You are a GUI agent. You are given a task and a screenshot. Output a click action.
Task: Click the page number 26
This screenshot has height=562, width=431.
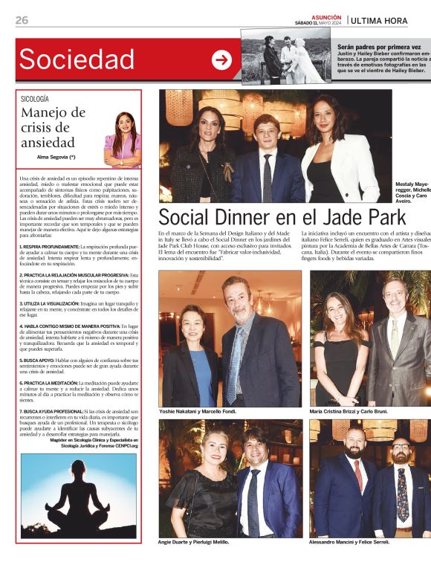point(22,20)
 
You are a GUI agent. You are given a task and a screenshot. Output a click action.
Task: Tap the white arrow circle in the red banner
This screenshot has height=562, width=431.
point(221,60)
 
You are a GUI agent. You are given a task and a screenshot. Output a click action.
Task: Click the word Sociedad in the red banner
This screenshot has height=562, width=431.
point(77,59)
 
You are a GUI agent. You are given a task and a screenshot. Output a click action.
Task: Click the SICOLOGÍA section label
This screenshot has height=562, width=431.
point(35,98)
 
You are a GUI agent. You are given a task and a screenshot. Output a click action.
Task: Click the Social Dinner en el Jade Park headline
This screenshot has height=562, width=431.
point(282,216)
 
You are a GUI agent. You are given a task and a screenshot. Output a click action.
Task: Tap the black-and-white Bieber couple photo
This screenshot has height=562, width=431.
point(286,56)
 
